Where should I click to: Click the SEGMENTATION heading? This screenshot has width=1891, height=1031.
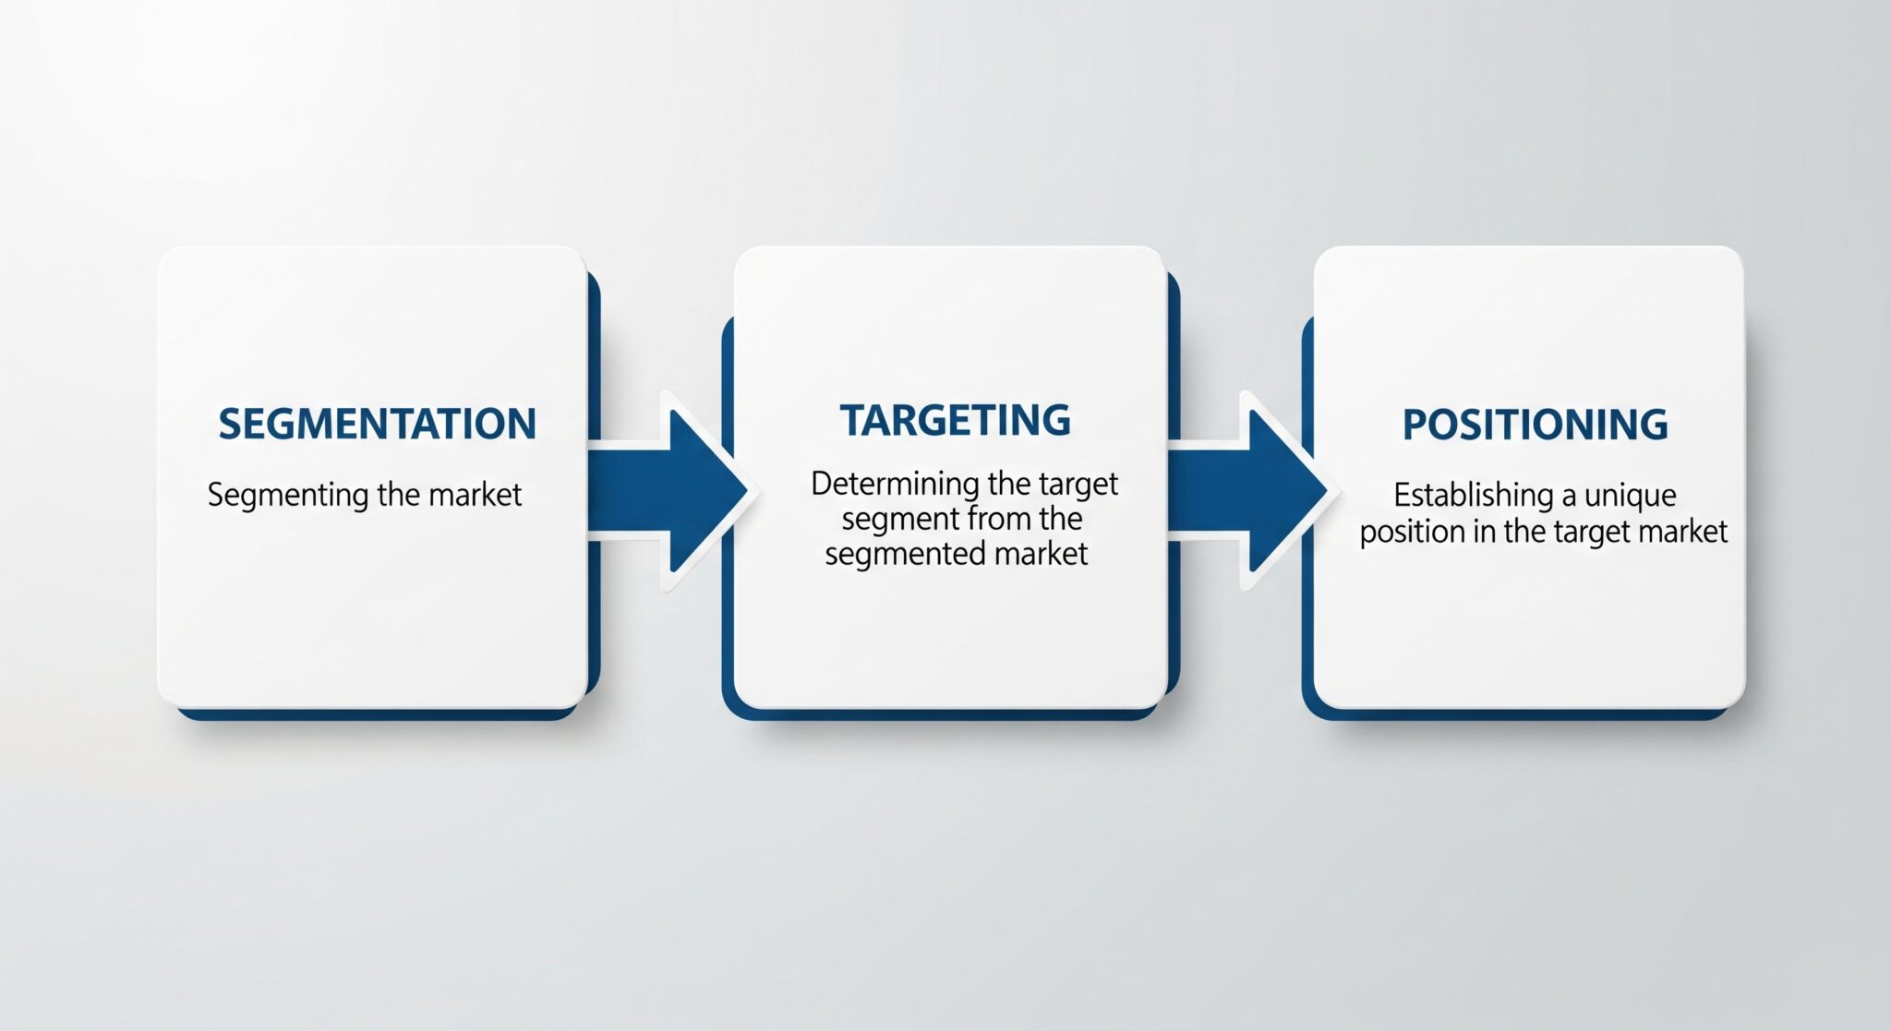(377, 424)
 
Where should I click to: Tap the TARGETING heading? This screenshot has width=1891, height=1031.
(955, 420)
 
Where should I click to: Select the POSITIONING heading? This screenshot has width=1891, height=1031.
(1535, 425)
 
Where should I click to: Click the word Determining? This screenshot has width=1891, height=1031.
(894, 485)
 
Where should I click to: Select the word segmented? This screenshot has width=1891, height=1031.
(904, 555)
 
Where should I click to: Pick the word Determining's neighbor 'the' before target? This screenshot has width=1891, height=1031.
(1008, 484)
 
